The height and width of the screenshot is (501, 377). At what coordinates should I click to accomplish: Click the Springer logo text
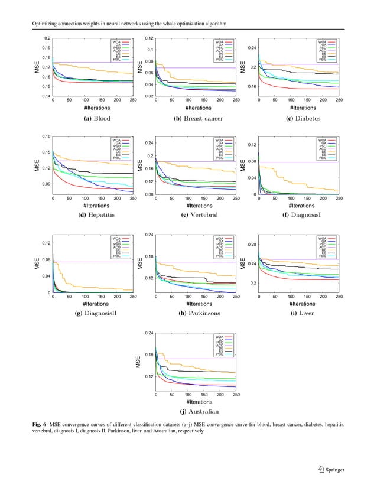click(x=333, y=470)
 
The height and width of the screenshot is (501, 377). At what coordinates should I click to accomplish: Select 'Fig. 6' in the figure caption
click(x=39, y=424)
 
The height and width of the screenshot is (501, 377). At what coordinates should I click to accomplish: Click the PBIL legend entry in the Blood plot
click(x=118, y=60)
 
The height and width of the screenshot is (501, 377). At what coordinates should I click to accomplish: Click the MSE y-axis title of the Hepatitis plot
click(x=36, y=166)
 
